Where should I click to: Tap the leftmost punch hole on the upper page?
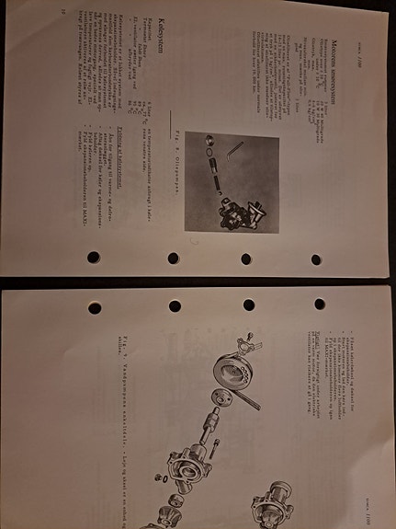click(93, 259)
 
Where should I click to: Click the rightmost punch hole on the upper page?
click(316, 259)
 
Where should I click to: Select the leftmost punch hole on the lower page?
click(95, 307)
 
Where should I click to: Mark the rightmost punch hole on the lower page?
click(319, 304)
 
